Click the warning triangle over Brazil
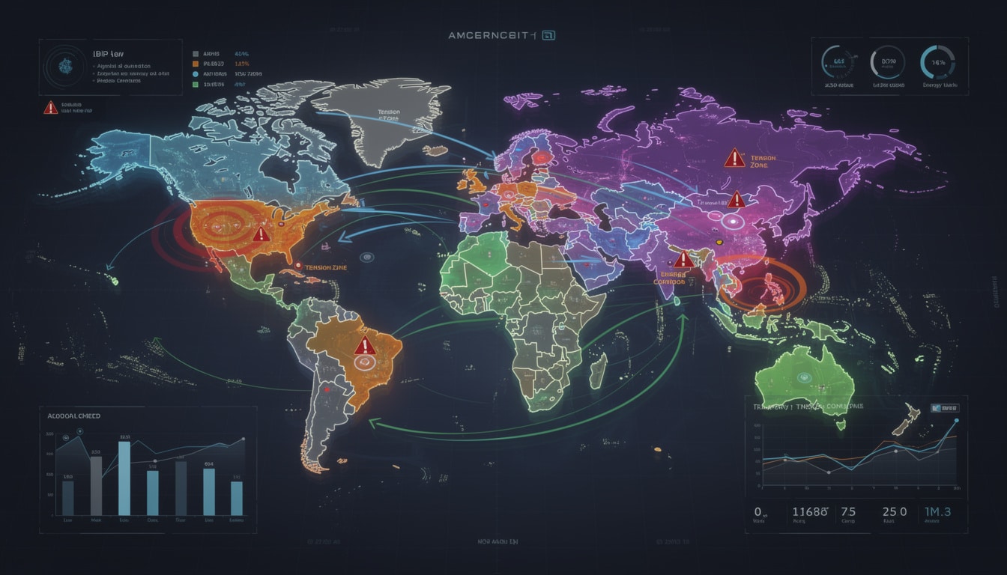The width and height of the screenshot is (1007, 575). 365,346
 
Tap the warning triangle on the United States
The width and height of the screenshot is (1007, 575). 261,234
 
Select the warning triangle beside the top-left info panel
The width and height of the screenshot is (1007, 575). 50,108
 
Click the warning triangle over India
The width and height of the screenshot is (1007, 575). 683,260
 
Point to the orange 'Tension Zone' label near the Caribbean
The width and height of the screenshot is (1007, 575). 326,267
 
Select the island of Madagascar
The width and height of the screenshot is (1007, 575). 599,371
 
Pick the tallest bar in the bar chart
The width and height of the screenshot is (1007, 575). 124,478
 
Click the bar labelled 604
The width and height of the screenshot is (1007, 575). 209,491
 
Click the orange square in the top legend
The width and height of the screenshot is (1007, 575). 196,64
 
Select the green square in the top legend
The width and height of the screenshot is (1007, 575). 196,85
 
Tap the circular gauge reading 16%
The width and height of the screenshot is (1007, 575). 937,63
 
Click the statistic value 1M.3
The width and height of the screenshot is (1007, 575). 937,512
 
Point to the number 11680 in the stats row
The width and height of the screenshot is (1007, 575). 810,512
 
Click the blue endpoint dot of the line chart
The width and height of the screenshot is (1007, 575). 957,422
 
